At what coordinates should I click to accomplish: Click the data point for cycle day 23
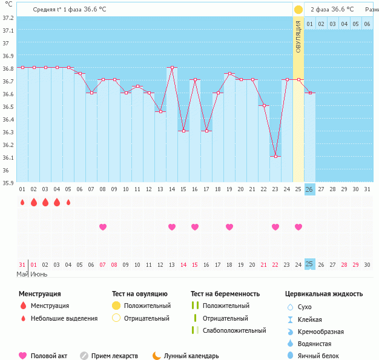pyautogui.click(x=275, y=156)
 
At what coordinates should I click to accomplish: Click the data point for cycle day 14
pyautogui.click(x=172, y=68)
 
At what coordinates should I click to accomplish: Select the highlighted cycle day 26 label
pyautogui.click(x=310, y=189)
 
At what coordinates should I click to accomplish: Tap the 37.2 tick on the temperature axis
pyautogui.click(x=8, y=18)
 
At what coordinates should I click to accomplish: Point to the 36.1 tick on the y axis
pyautogui.click(x=8, y=158)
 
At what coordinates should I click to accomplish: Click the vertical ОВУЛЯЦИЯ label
pyautogui.click(x=298, y=37)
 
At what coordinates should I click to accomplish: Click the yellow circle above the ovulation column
pyautogui.click(x=298, y=10)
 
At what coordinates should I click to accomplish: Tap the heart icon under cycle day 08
pyautogui.click(x=103, y=227)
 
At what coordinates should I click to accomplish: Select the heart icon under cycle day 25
pyautogui.click(x=298, y=227)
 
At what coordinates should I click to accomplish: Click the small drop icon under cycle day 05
pyautogui.click(x=68, y=202)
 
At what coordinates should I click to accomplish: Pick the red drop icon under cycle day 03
pyautogui.click(x=45, y=202)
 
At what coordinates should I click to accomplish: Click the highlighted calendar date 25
pyautogui.click(x=310, y=264)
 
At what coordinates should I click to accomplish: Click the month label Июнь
pyautogui.click(x=40, y=274)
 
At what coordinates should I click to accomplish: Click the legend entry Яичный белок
pyautogui.click(x=321, y=356)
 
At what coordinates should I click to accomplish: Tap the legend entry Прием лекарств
pyautogui.click(x=113, y=356)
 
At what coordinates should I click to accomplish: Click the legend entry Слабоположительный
pyautogui.click(x=234, y=330)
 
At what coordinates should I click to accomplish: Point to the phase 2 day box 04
pyautogui.click(x=344, y=24)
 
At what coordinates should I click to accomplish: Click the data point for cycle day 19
pyautogui.click(x=229, y=74)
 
